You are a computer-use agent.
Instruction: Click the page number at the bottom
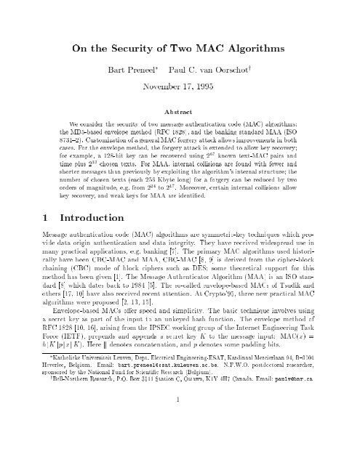tap(180, 438)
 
